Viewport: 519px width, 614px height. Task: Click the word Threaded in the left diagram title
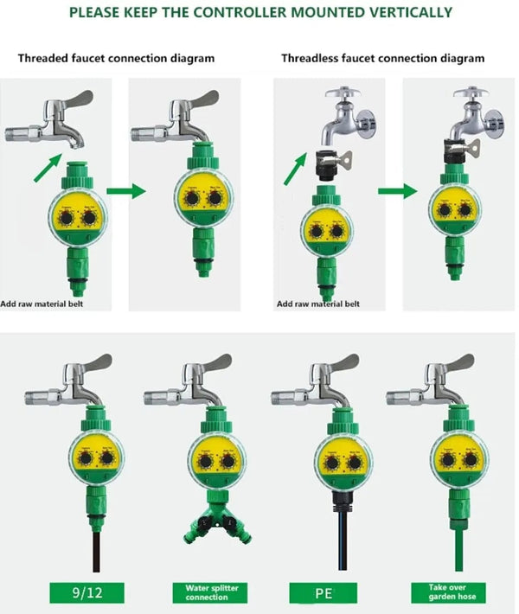(42, 58)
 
